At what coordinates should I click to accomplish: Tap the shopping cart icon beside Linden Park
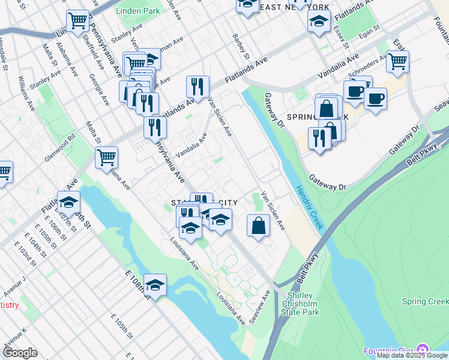(x=78, y=21)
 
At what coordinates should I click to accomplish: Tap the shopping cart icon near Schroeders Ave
(x=397, y=61)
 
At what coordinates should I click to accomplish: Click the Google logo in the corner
(x=20, y=352)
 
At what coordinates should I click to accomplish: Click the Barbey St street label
(x=241, y=46)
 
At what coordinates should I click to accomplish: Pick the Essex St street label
(x=340, y=36)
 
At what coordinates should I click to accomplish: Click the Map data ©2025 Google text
(x=412, y=355)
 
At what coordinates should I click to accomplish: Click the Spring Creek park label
(x=425, y=301)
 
